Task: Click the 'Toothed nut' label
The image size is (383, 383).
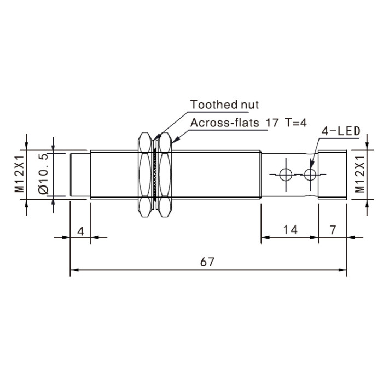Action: [x=224, y=105]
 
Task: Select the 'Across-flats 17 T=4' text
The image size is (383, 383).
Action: [x=248, y=123]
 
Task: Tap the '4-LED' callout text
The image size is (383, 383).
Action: [x=341, y=131]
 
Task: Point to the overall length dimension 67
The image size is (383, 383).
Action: [x=207, y=262]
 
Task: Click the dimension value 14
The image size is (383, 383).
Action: [x=291, y=230]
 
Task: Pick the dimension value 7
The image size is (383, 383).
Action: [x=333, y=230]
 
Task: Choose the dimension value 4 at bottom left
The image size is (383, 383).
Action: [x=80, y=231]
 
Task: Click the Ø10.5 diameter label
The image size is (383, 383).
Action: [x=44, y=173]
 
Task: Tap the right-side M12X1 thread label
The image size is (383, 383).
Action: [x=359, y=174]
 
